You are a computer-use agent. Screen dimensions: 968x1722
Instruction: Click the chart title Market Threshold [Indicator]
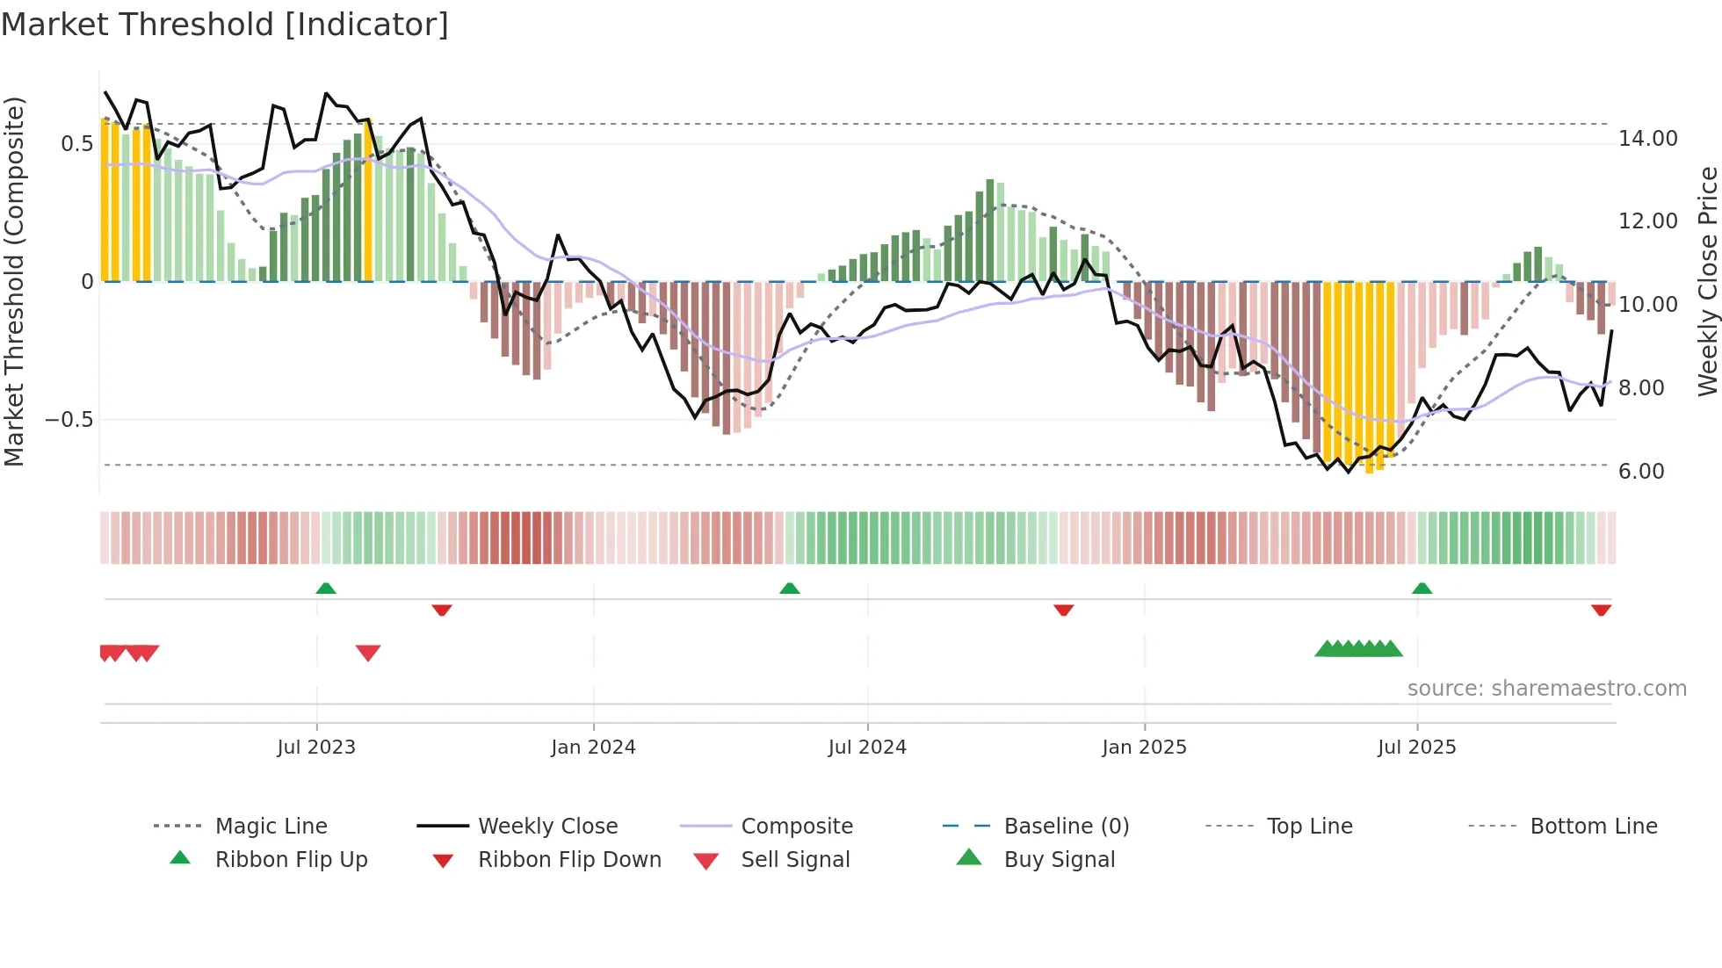(225, 25)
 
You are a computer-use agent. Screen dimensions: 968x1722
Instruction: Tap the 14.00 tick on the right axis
(1647, 139)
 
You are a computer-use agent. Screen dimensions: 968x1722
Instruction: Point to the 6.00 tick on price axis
(1641, 472)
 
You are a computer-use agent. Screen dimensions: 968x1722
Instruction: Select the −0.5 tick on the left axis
(69, 420)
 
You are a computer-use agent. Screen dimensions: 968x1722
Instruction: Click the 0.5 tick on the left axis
(76, 144)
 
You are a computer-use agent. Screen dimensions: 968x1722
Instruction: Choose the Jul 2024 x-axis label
(866, 748)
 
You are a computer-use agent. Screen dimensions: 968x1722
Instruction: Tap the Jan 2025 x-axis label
(1144, 748)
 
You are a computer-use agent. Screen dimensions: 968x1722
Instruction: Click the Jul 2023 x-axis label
(316, 748)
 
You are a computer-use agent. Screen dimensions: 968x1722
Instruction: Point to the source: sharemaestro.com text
(1546, 689)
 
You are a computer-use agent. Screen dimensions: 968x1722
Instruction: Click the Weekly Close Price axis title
(1707, 281)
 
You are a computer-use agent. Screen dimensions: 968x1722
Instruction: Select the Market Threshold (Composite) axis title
(14, 281)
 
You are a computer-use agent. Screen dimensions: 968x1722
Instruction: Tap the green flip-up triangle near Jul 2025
(1422, 589)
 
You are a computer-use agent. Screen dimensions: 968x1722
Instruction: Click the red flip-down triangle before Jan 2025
(1063, 610)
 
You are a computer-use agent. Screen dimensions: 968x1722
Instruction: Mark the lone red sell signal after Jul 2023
(368, 653)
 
